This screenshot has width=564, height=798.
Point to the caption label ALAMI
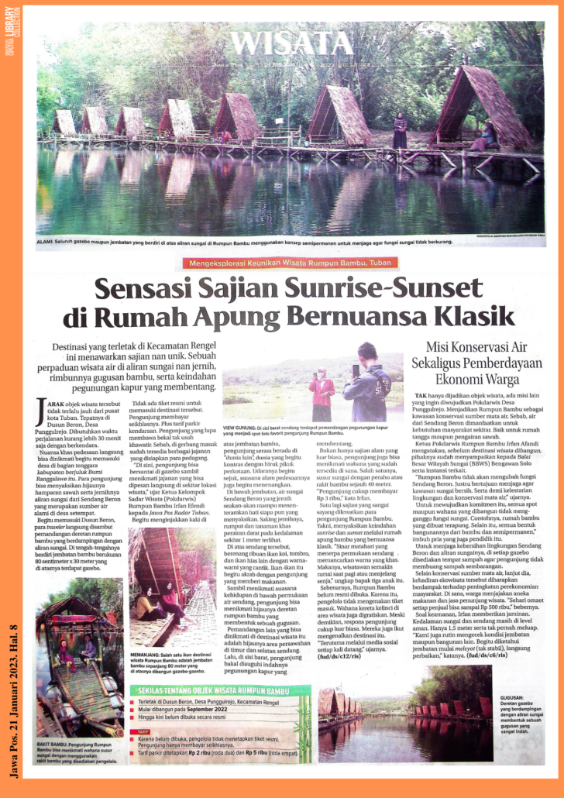tap(46, 242)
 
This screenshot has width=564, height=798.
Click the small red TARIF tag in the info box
tap(143, 731)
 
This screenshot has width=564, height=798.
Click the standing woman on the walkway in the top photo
tap(400, 130)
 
